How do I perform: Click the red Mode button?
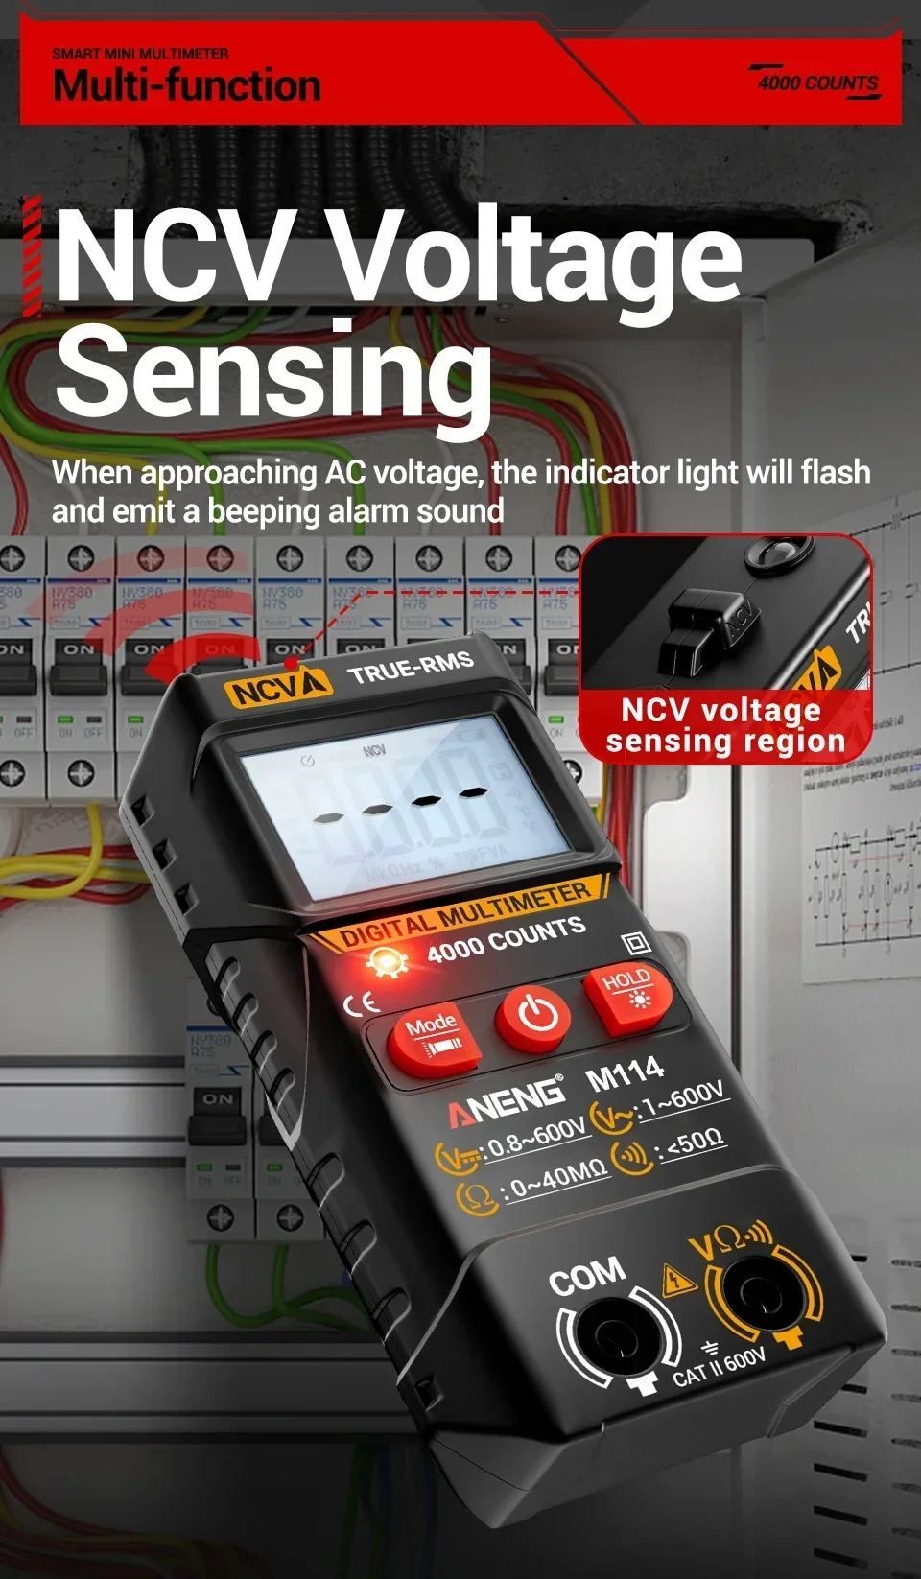434,1040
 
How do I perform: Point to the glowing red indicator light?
388,961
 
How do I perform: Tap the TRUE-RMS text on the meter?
411,668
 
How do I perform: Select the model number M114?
625,1073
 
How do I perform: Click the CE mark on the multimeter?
362,1003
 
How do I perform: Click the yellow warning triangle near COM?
678,1280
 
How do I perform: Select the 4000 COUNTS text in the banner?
817,83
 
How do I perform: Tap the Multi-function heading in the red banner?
187,85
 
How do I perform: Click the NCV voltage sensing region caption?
725,725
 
